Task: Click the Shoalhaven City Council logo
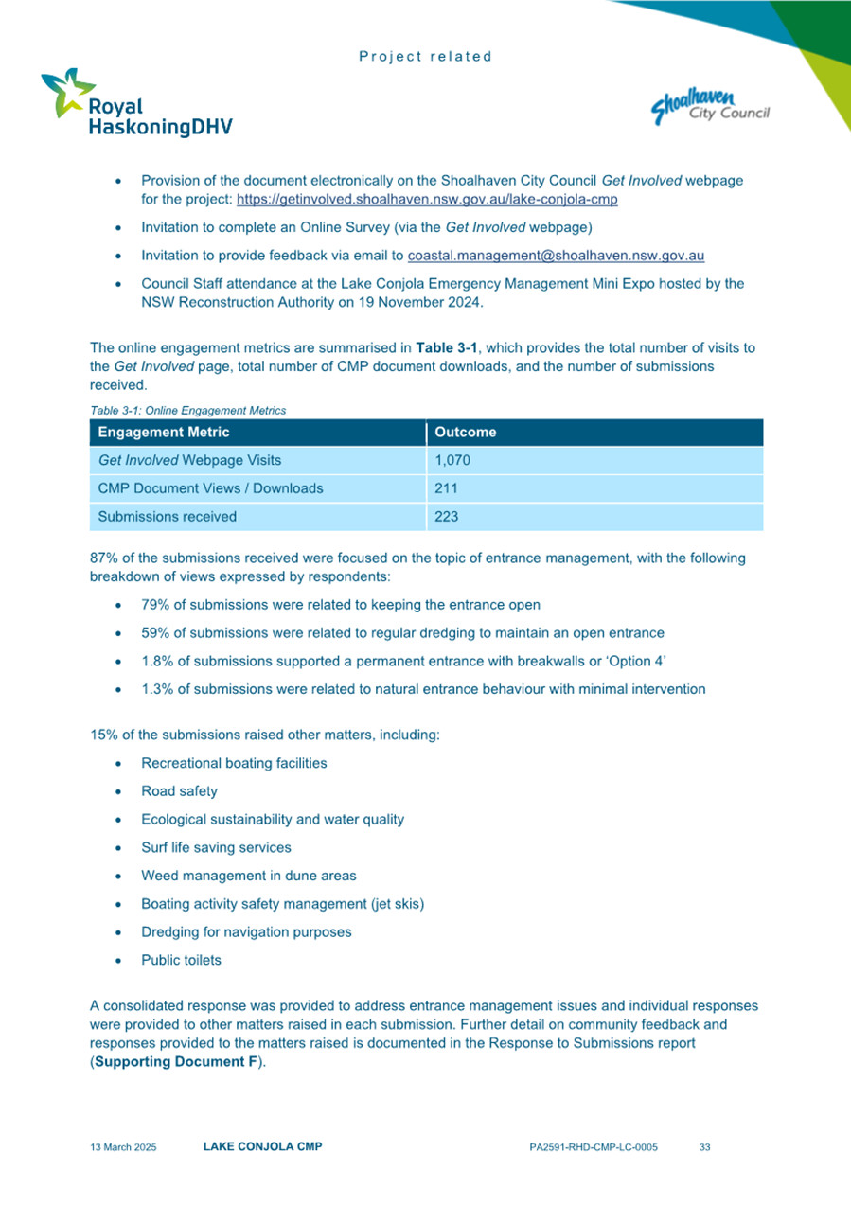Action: pyautogui.click(x=710, y=104)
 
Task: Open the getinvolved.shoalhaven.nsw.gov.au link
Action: pyautogui.click(x=427, y=201)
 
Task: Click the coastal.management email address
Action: pyautogui.click(x=555, y=256)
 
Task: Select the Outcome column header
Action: pyautogui.click(x=465, y=433)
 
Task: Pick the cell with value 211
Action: pyautogui.click(x=446, y=488)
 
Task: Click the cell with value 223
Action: pyautogui.click(x=446, y=517)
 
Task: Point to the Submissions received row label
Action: pyautogui.click(x=168, y=517)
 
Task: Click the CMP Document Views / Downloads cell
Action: pyautogui.click(x=210, y=488)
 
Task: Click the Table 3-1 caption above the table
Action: pyautogui.click(x=187, y=410)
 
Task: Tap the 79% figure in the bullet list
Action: pyautogui.click(x=156, y=605)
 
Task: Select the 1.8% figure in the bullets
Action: pyautogui.click(x=159, y=661)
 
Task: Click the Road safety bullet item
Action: pyautogui.click(x=179, y=791)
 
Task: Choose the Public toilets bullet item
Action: pyautogui.click(x=181, y=960)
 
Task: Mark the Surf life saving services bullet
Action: pyautogui.click(x=216, y=847)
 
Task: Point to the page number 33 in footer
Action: pyautogui.click(x=704, y=1147)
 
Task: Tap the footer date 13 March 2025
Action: pyautogui.click(x=123, y=1147)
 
